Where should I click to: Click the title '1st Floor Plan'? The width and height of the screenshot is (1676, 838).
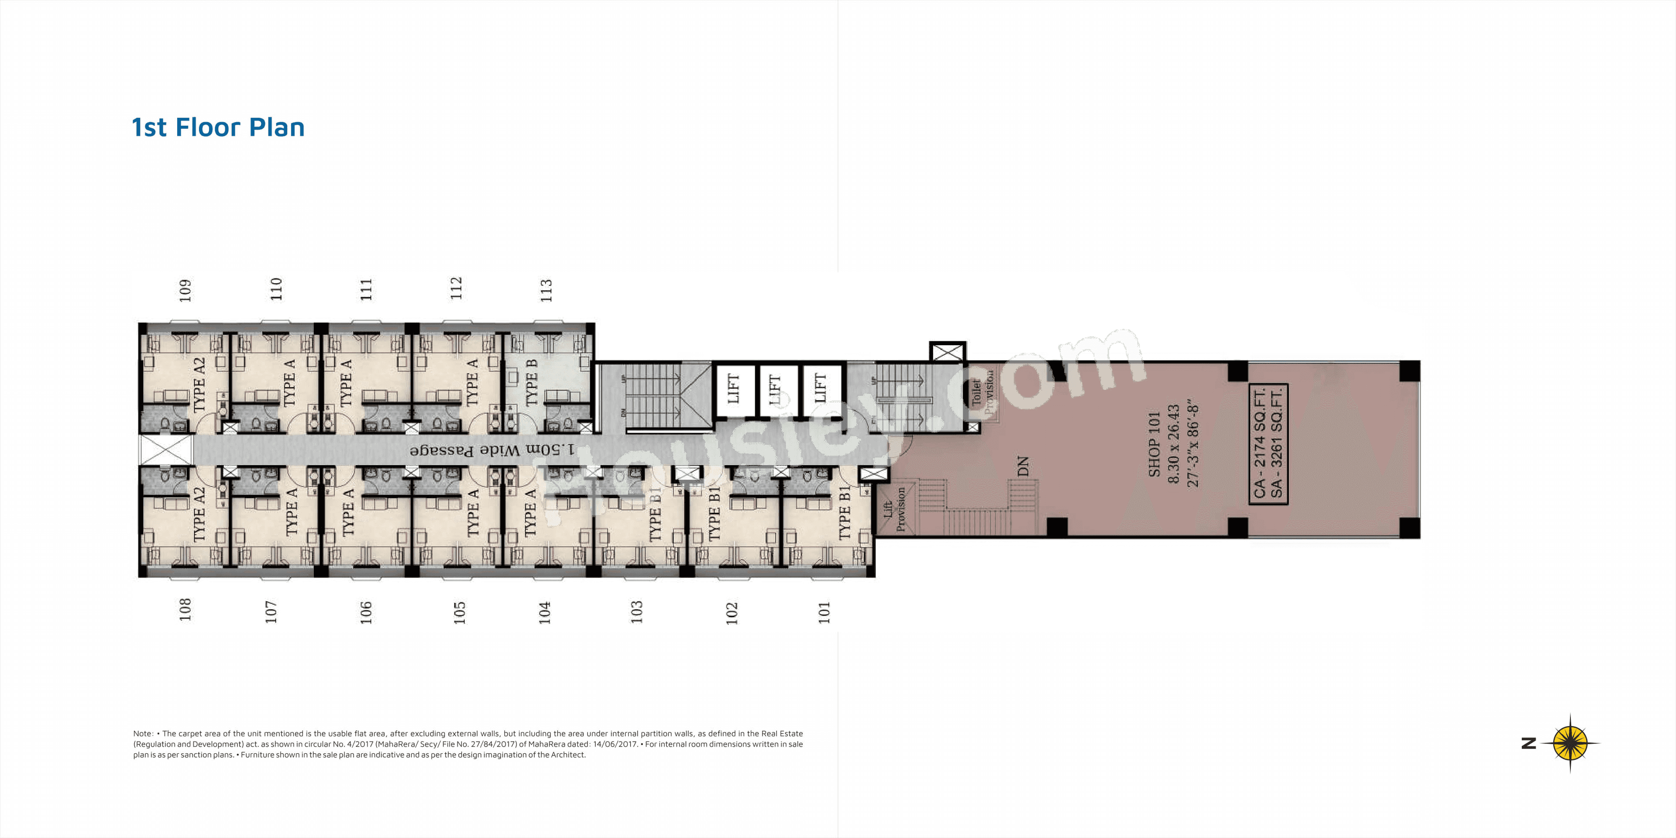click(x=218, y=127)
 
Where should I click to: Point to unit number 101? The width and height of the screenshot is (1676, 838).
click(x=824, y=612)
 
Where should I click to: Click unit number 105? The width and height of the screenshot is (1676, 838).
click(x=459, y=612)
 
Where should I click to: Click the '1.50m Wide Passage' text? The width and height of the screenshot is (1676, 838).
click(x=492, y=450)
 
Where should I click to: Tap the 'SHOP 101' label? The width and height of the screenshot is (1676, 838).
click(x=1154, y=444)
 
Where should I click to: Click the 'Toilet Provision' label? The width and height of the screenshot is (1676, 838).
click(x=983, y=392)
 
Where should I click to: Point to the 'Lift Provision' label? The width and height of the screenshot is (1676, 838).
click(x=895, y=509)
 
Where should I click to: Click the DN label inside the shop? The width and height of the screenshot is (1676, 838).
click(x=1023, y=466)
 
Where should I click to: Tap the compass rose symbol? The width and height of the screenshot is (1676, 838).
click(x=1570, y=743)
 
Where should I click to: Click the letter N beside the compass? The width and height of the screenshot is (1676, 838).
click(x=1529, y=743)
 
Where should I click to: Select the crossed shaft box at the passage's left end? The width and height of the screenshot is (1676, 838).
click(x=166, y=450)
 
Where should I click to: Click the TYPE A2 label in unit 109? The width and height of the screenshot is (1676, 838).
click(x=199, y=384)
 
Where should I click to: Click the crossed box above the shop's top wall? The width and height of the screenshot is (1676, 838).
click(x=947, y=352)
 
